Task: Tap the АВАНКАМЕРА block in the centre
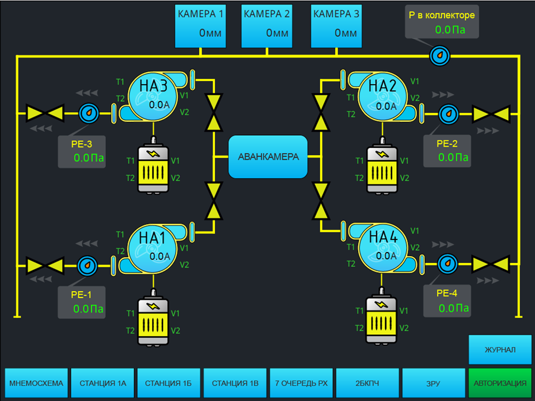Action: pyautogui.click(x=268, y=156)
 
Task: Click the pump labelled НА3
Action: pyautogui.click(x=153, y=96)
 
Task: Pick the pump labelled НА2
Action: pyautogui.click(x=383, y=96)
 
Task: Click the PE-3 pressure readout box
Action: pyautogui.click(x=82, y=151)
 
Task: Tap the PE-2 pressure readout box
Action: pyautogui.click(x=447, y=151)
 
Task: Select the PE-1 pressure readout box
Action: pyautogui.click(x=82, y=302)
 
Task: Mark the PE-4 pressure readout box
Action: pyautogui.click(x=447, y=301)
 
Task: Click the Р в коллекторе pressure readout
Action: pyautogui.click(x=442, y=23)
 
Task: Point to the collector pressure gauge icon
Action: pyautogui.click(x=440, y=56)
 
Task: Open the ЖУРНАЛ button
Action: pyautogui.click(x=500, y=350)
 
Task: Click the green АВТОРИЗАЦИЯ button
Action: pyautogui.click(x=500, y=383)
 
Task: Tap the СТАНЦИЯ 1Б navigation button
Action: pyautogui.click(x=169, y=383)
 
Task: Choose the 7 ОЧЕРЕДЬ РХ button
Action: pyautogui.click(x=301, y=383)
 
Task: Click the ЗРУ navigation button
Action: pyautogui.click(x=434, y=383)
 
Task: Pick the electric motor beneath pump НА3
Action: pyautogui.click(x=153, y=167)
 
